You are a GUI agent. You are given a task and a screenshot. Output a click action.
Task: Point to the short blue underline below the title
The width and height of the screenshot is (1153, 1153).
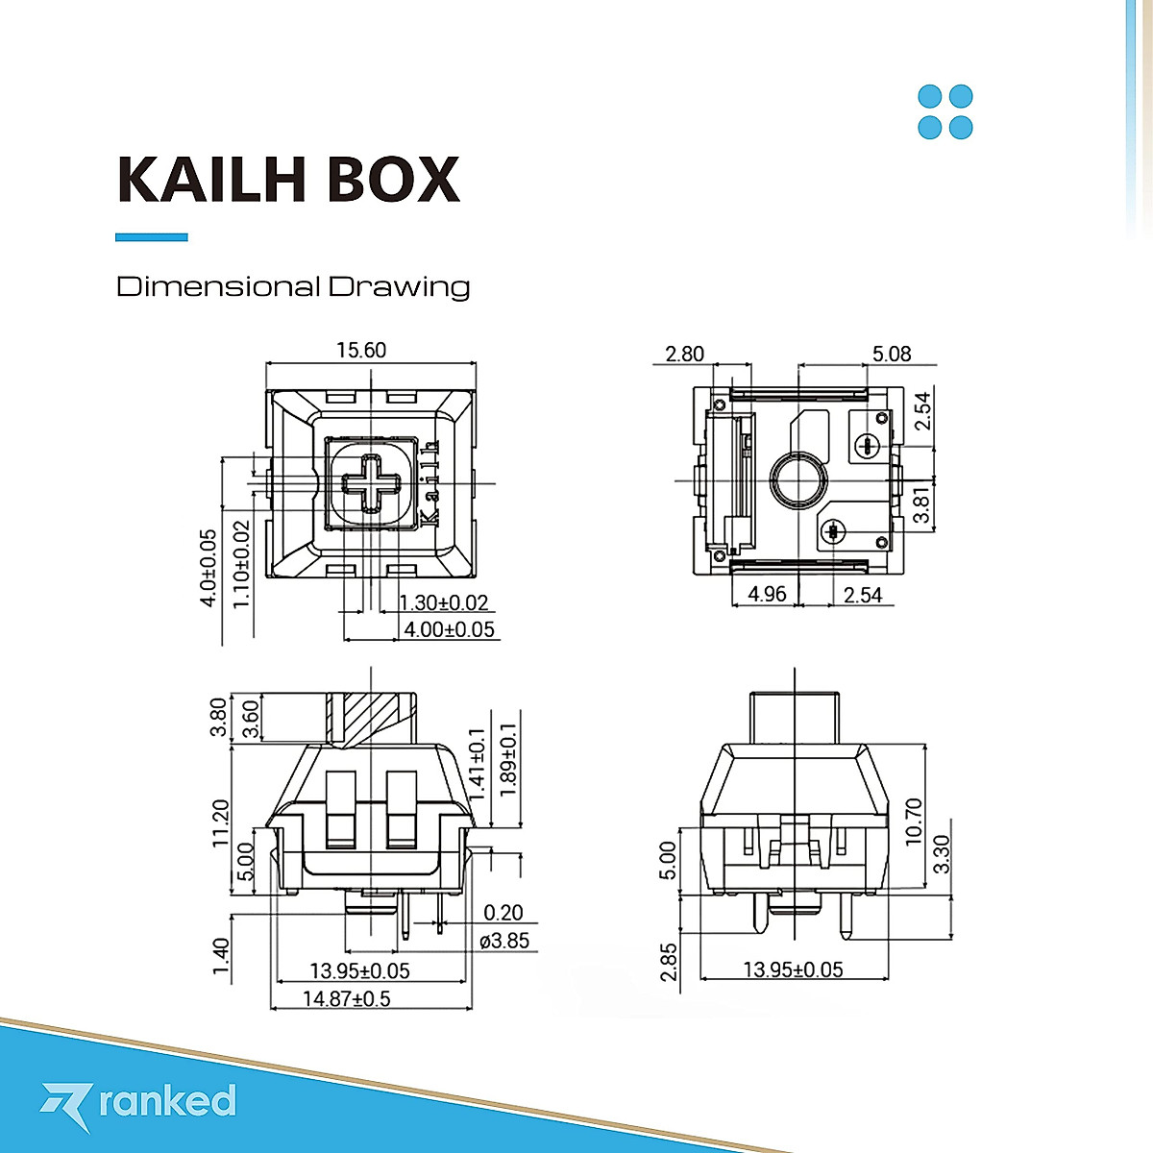tap(151, 236)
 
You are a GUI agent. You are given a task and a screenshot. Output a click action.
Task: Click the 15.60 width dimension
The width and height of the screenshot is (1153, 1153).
tap(361, 350)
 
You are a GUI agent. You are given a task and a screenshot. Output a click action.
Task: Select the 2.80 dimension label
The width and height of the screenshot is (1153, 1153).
tap(684, 354)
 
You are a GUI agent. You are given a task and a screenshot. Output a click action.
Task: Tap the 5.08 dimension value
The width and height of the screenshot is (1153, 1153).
tap(891, 354)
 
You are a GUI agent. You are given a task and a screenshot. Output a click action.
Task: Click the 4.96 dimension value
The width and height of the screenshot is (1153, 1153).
tap(767, 594)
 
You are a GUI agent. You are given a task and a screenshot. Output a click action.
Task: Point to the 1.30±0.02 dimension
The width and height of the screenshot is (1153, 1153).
tap(444, 603)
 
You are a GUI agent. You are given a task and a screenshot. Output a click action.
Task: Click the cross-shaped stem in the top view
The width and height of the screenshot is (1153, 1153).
tap(370, 480)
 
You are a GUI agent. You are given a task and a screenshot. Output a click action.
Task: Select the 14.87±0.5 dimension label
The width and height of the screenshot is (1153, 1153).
tap(347, 998)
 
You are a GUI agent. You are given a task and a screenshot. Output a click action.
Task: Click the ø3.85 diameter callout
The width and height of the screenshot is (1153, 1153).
tap(504, 940)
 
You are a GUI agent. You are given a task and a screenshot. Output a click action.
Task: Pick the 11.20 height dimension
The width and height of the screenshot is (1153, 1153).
tap(222, 822)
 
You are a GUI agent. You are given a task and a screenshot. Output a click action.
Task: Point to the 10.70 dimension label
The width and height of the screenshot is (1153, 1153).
tap(913, 821)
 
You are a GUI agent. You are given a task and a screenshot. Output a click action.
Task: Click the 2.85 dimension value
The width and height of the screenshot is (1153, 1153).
tap(670, 962)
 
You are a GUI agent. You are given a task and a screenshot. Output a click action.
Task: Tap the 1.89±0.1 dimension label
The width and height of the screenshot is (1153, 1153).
tap(509, 759)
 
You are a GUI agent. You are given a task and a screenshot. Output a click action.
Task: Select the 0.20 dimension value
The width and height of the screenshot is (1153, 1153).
tap(503, 913)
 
